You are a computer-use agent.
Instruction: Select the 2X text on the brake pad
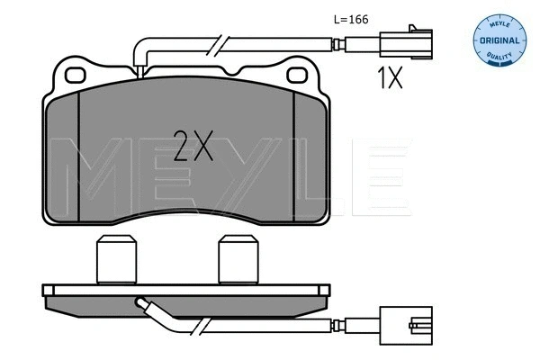coord(193,144)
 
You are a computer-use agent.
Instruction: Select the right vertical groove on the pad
coord(293,157)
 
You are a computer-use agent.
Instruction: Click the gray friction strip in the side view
coord(184,301)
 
